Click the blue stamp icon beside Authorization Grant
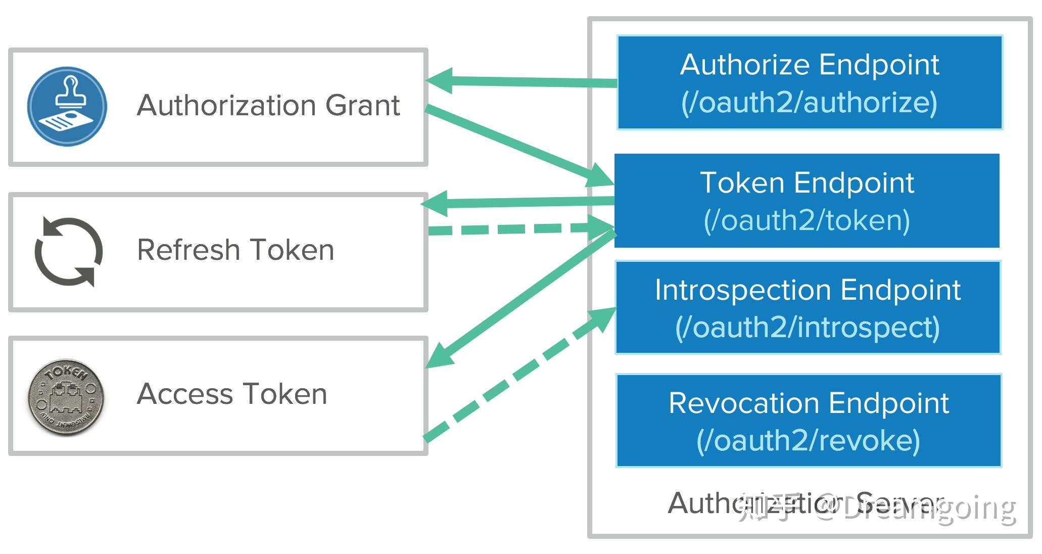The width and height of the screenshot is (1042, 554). (x=67, y=106)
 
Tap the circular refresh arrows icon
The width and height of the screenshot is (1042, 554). (x=68, y=252)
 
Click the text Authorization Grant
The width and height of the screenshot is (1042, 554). (x=268, y=105)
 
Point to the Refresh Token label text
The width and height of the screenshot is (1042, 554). (x=235, y=250)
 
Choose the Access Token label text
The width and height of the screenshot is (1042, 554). (x=232, y=394)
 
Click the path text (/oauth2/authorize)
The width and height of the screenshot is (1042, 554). (x=809, y=102)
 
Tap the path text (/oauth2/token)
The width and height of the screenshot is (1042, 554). (x=807, y=220)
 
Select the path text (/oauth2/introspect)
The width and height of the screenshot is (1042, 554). (x=808, y=328)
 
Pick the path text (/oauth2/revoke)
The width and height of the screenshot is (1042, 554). (x=808, y=440)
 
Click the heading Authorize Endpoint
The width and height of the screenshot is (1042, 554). (x=809, y=65)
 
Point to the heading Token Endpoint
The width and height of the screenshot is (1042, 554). (x=807, y=182)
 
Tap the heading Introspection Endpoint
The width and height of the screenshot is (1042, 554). (x=808, y=290)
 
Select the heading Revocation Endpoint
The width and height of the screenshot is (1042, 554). (x=809, y=403)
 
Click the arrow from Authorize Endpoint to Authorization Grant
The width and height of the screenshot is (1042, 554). (x=520, y=81)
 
